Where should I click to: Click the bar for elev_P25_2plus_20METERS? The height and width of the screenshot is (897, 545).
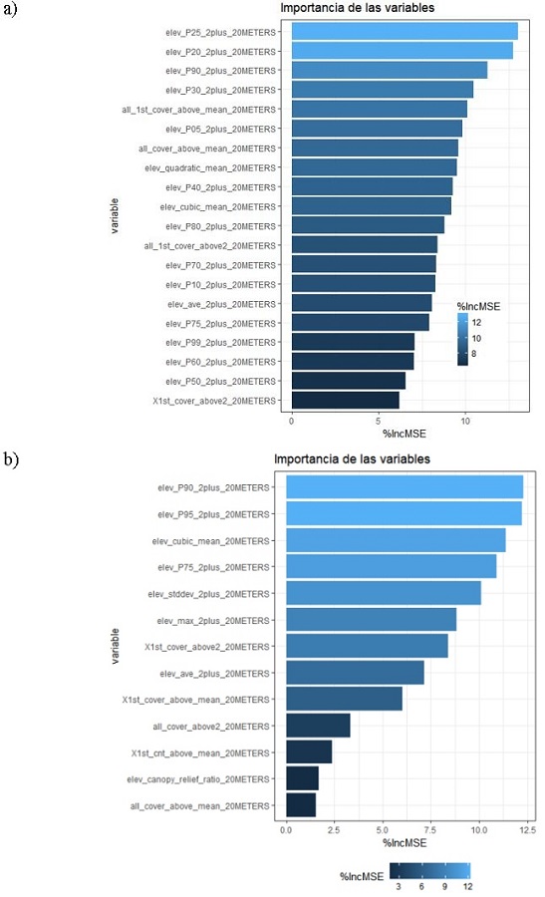click(405, 31)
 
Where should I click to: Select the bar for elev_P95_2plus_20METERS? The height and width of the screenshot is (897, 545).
click(404, 513)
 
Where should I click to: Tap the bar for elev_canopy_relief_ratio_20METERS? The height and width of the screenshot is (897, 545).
click(302, 778)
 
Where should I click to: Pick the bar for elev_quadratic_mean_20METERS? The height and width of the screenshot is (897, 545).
click(374, 167)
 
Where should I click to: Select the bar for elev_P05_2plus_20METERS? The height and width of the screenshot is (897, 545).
click(377, 129)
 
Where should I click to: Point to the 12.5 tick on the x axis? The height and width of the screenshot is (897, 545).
click(527, 828)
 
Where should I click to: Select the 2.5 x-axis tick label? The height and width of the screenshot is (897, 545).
click(335, 828)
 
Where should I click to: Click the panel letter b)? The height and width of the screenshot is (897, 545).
click(11, 459)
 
